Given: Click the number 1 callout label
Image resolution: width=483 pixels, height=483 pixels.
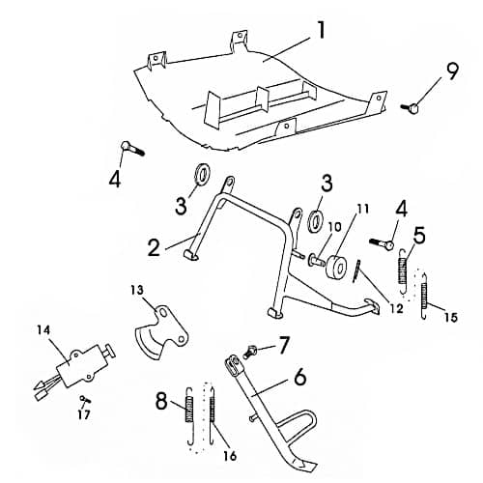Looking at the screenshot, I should point(320,29).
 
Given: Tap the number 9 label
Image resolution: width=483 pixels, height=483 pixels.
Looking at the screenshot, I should point(452,71).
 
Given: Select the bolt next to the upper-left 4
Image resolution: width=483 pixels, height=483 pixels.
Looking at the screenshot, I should point(133,149).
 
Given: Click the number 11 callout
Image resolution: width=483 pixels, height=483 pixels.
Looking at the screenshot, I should point(363,208).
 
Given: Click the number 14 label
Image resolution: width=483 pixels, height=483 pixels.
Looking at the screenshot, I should point(43,330).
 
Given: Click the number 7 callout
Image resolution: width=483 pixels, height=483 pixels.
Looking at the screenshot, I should point(283,342).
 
